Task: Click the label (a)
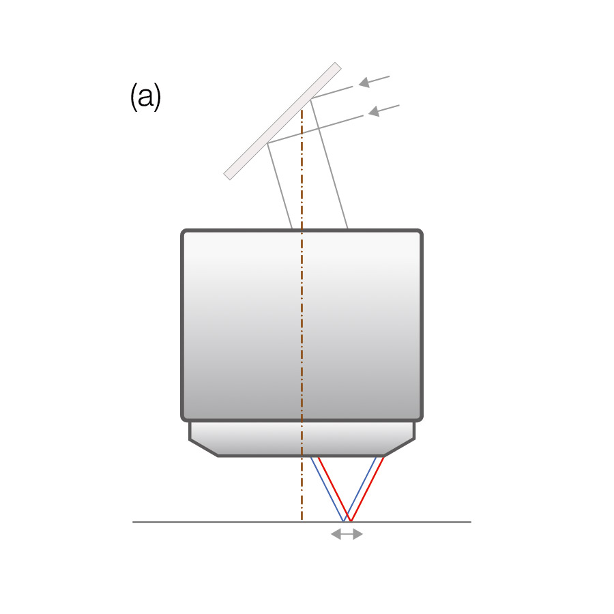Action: click(145, 98)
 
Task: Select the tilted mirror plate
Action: click(282, 121)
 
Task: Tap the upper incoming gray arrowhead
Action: click(364, 83)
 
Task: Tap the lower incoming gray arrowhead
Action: click(373, 111)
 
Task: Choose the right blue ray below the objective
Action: click(362, 486)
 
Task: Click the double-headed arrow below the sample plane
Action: click(347, 534)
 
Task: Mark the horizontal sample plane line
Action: click(205, 522)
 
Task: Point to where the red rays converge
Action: click(350, 521)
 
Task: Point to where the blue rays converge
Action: click(343, 521)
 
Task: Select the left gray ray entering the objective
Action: click(280, 184)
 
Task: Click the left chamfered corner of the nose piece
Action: click(203, 448)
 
